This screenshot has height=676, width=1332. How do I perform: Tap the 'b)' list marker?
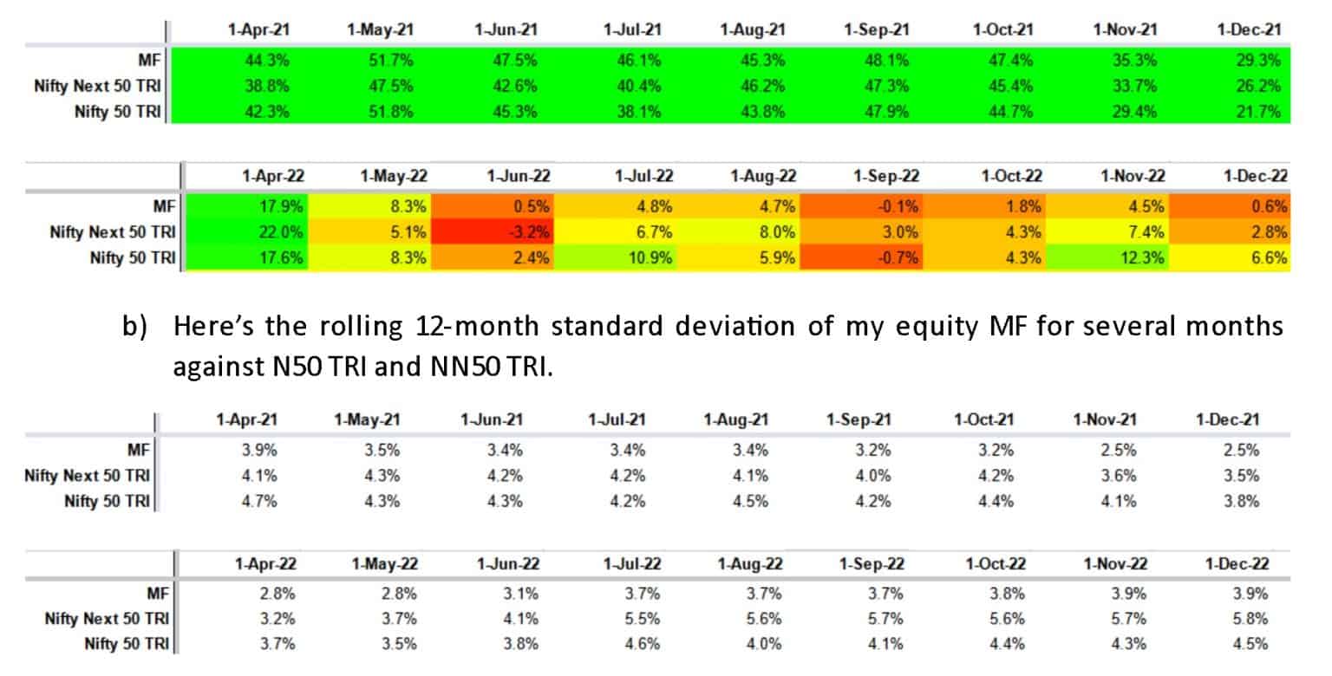point(137,328)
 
